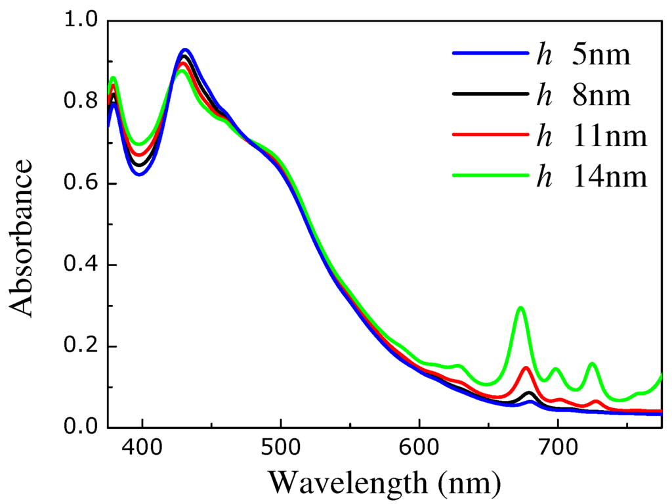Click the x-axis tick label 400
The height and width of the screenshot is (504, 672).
coord(142,450)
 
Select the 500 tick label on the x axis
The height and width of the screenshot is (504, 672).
coord(280,450)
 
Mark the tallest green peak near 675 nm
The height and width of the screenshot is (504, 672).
coord(520,308)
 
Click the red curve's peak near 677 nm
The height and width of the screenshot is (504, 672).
coord(526,368)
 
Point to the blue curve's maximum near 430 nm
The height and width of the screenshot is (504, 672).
coord(185,50)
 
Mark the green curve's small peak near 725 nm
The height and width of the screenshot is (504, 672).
coord(593,363)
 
